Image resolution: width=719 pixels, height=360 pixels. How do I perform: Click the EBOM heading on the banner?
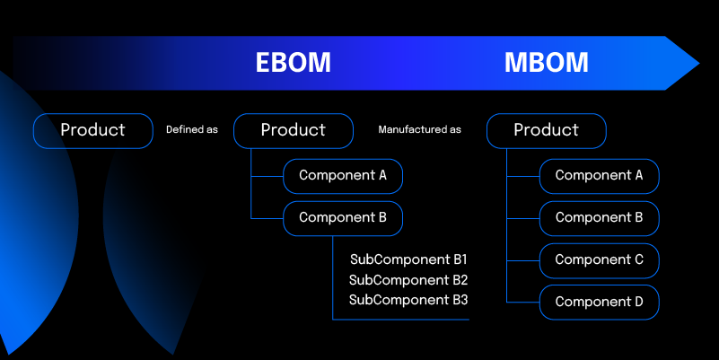[x=293, y=63]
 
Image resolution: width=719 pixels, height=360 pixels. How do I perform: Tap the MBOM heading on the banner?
[x=546, y=63]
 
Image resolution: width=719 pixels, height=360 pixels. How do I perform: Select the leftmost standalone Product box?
[x=93, y=130]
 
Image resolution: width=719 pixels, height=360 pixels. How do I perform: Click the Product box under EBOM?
[x=293, y=130]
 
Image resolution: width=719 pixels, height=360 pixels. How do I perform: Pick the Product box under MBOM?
[x=546, y=130]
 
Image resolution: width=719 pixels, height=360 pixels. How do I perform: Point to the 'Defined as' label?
[x=192, y=130]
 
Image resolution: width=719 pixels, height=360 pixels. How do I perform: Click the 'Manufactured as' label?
[x=419, y=130]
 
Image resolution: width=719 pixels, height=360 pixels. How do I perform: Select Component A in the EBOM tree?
[x=343, y=176]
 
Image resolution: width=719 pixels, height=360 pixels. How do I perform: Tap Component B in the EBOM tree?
[x=343, y=218]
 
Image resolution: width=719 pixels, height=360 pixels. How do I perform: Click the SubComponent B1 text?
[x=408, y=259]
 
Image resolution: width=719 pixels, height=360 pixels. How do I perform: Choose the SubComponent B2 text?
[x=408, y=280]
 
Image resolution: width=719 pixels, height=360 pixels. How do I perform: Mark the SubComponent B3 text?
[x=408, y=300]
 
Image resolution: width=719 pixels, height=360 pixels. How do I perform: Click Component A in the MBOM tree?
[x=599, y=176]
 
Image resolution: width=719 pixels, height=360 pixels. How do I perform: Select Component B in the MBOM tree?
[x=599, y=218]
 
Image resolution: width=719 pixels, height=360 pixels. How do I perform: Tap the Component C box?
[x=599, y=260]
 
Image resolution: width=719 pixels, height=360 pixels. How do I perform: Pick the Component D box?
[x=599, y=303]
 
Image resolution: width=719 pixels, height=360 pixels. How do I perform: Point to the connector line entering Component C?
[x=523, y=260]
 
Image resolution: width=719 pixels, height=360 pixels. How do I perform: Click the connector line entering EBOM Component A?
[x=267, y=176]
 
